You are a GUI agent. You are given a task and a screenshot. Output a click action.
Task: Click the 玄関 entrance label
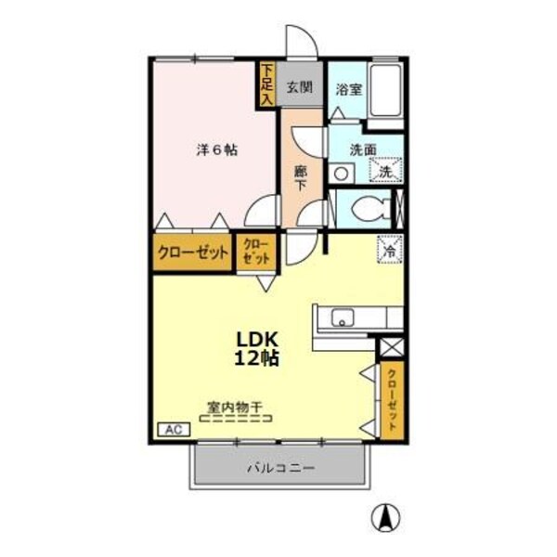[298, 89]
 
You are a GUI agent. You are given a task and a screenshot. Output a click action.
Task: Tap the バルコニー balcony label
[280, 468]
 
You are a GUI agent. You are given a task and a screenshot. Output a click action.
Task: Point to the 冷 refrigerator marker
[390, 249]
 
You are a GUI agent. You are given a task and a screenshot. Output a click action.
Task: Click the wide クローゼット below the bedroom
[192, 253]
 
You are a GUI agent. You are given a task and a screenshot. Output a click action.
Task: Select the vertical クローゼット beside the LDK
[393, 400]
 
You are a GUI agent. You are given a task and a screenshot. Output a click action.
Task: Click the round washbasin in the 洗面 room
[341, 173]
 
